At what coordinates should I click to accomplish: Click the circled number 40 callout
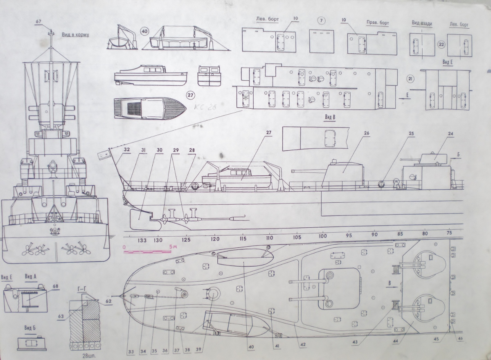point(144,31)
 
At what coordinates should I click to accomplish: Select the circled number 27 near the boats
point(190,95)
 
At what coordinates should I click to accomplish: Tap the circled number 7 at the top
point(321,22)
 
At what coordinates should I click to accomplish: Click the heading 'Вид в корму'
point(75,35)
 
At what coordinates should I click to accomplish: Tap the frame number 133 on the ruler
point(142,240)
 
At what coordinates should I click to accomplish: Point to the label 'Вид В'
point(330,118)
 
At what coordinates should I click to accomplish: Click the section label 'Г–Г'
point(82,288)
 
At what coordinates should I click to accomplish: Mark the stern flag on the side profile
point(103,154)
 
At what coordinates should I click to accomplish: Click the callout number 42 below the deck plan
point(303,345)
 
